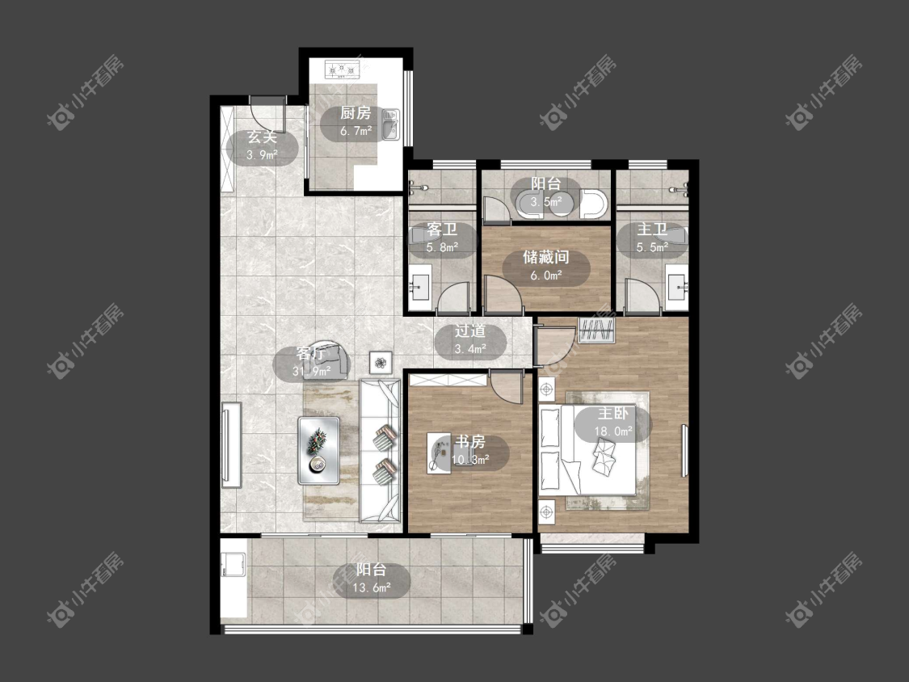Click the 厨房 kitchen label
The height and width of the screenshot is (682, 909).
(x=356, y=112)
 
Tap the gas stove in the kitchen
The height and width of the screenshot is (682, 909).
(x=343, y=70)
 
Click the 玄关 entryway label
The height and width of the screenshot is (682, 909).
(x=262, y=137)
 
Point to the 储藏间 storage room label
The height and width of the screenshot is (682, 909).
(x=545, y=256)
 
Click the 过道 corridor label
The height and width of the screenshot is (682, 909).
(x=469, y=331)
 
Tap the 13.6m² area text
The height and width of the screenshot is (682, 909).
(x=371, y=588)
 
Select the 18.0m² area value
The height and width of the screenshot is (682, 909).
(x=612, y=432)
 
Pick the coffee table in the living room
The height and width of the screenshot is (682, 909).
(x=319, y=451)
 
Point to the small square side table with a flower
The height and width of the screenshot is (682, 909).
(x=381, y=363)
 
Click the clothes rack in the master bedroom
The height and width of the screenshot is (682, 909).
(x=596, y=330)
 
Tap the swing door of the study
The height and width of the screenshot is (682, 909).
(x=504, y=387)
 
